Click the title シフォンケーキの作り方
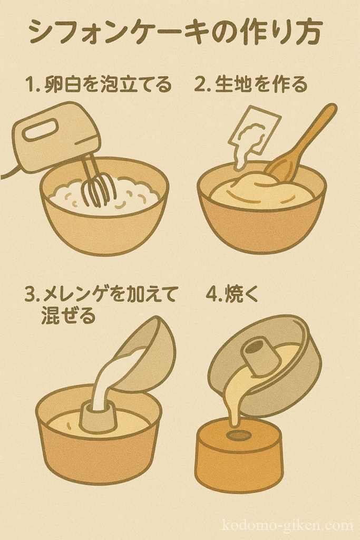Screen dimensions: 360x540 click(176, 32)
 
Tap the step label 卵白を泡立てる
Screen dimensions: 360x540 click(108, 84)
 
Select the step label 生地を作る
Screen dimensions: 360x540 click(261, 84)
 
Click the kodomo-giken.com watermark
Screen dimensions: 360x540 click(288, 526)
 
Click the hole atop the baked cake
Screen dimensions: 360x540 click(239, 435)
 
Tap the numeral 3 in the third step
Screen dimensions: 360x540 click(31, 295)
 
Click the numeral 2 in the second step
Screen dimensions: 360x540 click(200, 84)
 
